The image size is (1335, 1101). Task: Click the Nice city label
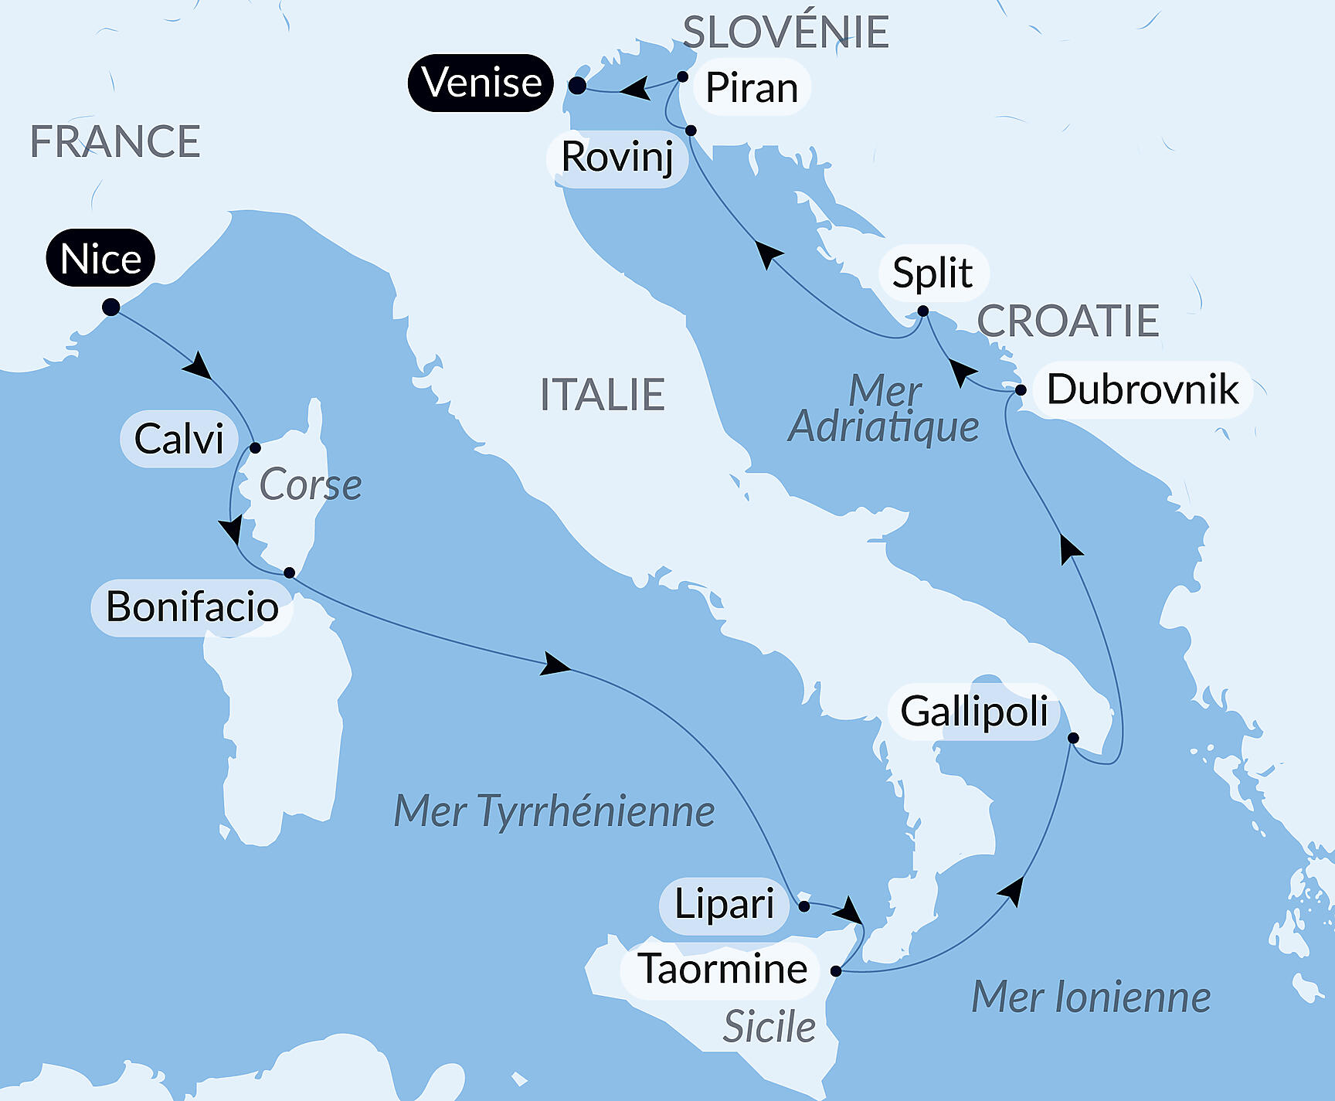point(100,258)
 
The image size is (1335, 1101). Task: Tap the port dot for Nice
point(111,308)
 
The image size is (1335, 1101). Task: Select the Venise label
point(481,83)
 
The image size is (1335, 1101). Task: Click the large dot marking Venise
point(577,86)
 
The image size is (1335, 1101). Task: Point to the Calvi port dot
point(255,447)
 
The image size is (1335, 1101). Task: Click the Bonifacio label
point(192,607)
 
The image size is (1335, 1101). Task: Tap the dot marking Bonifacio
point(289,573)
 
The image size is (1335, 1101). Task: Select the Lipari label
point(723,905)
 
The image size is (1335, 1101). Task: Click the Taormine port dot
point(836,970)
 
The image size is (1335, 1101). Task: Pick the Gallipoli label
point(973,712)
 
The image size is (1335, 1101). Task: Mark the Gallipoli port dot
point(1073,738)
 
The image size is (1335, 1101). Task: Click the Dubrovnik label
point(1142,389)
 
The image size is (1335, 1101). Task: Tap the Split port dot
point(922,311)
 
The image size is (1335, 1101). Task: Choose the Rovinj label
point(617,158)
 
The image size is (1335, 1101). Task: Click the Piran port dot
point(682,76)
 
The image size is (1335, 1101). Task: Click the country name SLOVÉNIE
point(786,32)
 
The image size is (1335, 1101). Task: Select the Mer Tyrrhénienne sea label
point(554,811)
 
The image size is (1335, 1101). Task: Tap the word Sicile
point(769,1028)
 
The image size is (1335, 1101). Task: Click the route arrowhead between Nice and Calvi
point(199,365)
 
